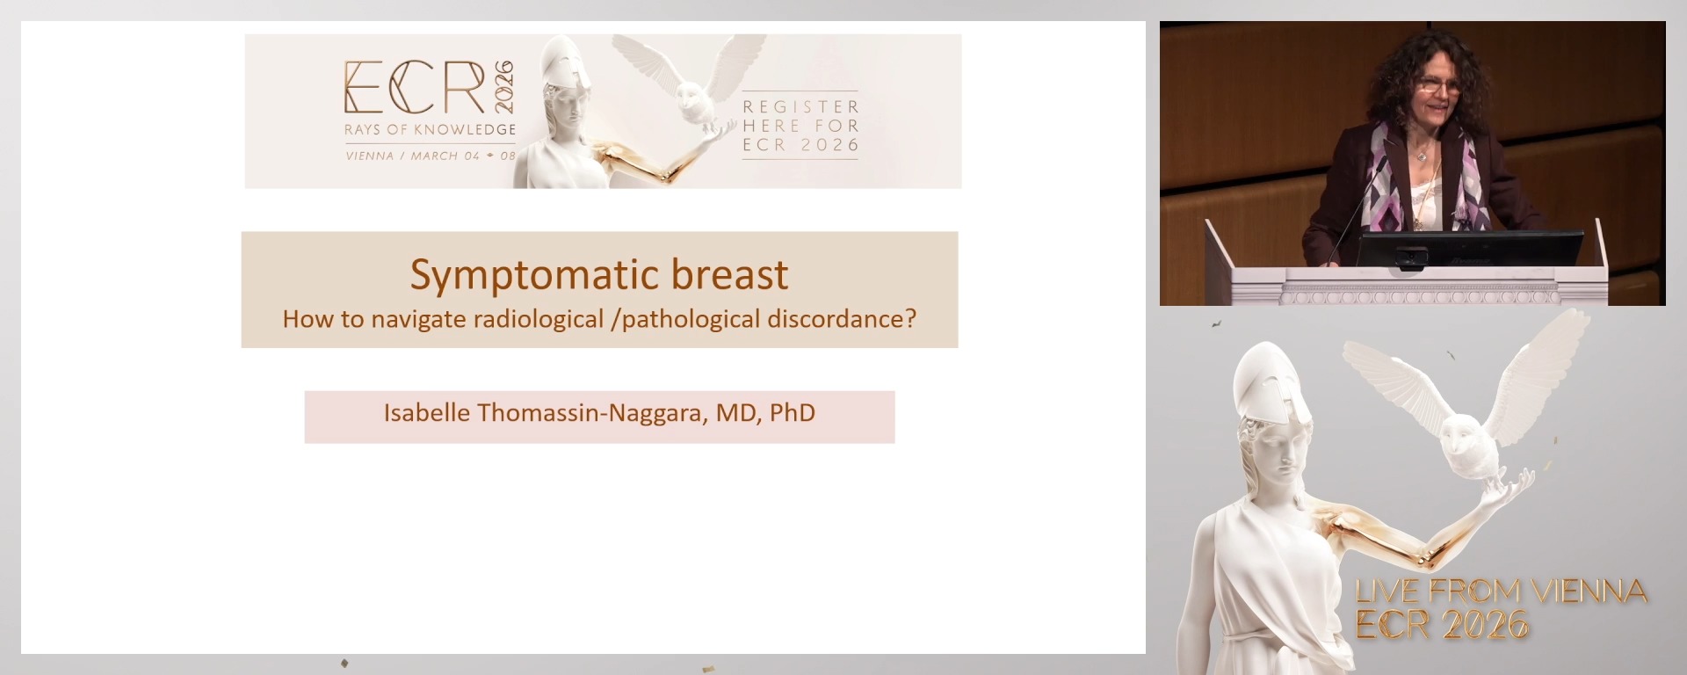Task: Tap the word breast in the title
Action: pos(729,275)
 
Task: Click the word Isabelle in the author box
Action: pos(426,413)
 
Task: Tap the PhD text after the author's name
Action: pos(793,413)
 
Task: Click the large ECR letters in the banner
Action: pos(414,88)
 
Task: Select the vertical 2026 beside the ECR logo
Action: pos(504,87)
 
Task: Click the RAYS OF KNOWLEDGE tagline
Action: pos(430,130)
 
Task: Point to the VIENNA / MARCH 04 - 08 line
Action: pos(430,156)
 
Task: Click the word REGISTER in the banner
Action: pos(800,106)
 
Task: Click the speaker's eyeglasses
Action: pos(1438,85)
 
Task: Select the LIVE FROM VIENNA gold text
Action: pos(1501,592)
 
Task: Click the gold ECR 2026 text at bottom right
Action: pos(1442,626)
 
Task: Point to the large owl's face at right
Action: pos(1461,443)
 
